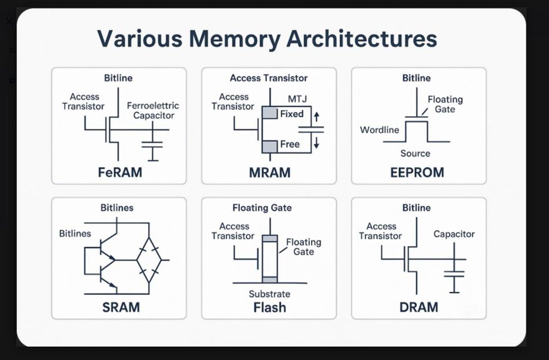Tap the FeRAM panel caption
pos(120,172)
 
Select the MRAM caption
pos(270,173)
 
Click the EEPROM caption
pos(417,172)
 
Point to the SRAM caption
pos(121,307)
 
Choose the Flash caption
pos(270,307)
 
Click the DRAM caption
pos(419,307)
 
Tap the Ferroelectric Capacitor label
pos(153,111)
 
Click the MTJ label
pos(297,99)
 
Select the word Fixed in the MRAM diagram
pos(292,114)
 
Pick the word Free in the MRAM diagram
pos(290,144)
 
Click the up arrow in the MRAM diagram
pos(317,117)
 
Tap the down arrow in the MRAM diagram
pos(317,143)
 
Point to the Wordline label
pos(380,130)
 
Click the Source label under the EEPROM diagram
pos(416,153)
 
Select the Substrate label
pos(270,294)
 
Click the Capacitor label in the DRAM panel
pos(454,234)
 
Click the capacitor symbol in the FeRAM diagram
pos(153,144)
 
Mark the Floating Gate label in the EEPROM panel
pos(445,105)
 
